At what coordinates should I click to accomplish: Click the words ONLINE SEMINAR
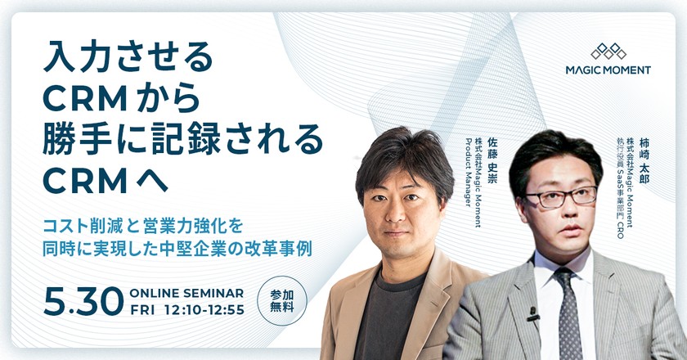click(186, 293)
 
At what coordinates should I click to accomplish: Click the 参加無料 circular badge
click(276, 302)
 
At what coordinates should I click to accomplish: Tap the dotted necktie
click(567, 310)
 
